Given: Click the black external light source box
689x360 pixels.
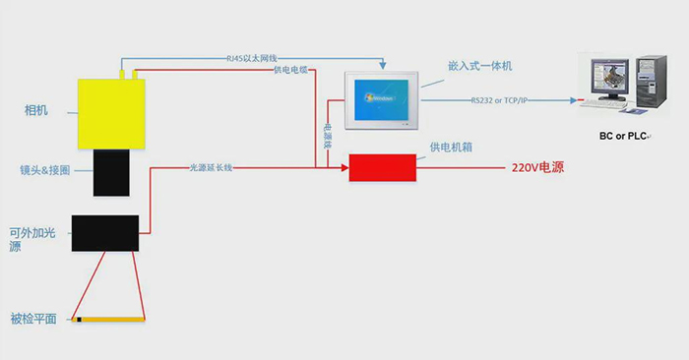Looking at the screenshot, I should [x=104, y=233].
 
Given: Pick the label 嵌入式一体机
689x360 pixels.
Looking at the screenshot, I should [x=480, y=66].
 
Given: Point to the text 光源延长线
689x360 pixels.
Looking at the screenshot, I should [x=211, y=168].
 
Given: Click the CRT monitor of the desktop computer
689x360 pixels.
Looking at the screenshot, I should [x=608, y=84].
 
